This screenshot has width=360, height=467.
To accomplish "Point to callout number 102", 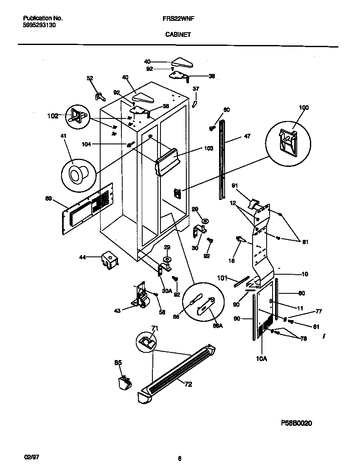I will [x=52, y=115].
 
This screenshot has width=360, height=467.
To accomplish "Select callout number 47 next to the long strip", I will [x=247, y=136].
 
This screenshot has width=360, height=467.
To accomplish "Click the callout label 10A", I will [x=261, y=359].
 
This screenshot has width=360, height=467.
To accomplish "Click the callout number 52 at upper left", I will [x=90, y=78].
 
